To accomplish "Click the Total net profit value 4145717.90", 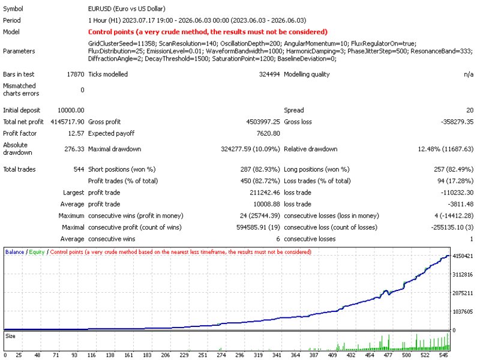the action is coord(67,122).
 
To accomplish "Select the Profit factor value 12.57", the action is coord(76,134).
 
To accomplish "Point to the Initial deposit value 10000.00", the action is coord(71,110).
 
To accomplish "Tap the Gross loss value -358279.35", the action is coord(457,122).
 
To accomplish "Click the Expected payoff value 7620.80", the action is coord(268,134).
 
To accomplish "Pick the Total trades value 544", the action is coord(79,169).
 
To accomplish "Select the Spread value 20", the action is coord(470,110).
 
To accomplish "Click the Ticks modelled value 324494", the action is coord(269,74).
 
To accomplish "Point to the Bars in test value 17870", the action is coord(76,74).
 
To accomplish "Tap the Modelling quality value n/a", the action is coord(469,74).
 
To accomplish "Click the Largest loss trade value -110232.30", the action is coord(457,193).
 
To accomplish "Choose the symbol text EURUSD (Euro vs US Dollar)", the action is coord(127,9).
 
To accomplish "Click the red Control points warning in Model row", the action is coord(208,32).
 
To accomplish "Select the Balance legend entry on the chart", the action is coord(14,252).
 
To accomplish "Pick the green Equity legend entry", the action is coord(37,252).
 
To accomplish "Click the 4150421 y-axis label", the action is coord(463,256).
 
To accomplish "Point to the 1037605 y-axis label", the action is coord(463,312).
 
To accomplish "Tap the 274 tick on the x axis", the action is coord(221,355).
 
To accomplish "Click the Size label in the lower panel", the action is coord(10,336).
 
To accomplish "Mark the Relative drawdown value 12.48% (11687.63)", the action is coord(445,149).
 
